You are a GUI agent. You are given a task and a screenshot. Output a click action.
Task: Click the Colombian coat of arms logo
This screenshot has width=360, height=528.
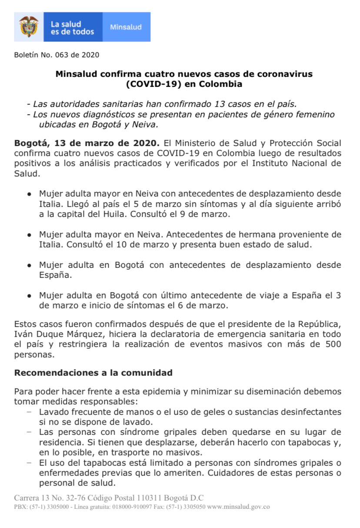click(x=29, y=27)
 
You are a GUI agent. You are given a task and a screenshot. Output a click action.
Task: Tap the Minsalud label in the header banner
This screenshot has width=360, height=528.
click(x=126, y=27)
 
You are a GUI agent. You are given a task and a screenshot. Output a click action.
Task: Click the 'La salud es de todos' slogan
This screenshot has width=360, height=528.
click(x=72, y=28)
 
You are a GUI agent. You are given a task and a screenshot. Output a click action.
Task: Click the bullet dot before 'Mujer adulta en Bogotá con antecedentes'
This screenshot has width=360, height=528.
click(x=29, y=265)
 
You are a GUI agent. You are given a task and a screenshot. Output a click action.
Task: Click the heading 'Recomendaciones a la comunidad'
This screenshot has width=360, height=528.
click(x=93, y=373)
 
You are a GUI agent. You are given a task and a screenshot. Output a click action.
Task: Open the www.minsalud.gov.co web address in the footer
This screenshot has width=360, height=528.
click(x=238, y=507)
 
